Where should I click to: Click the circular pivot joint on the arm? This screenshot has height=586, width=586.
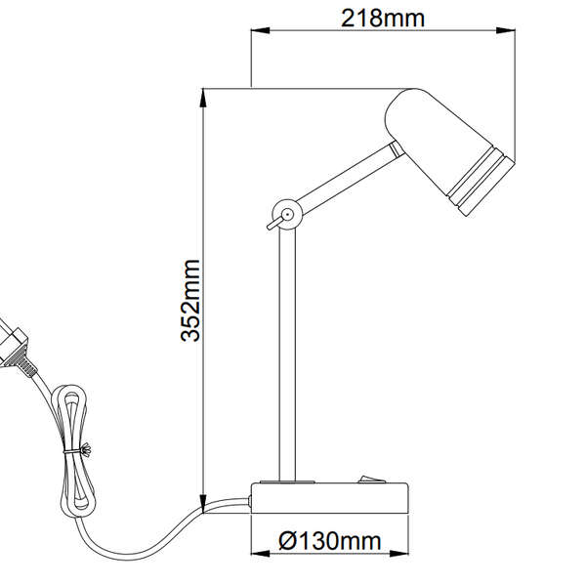pyautogui.click(x=286, y=214)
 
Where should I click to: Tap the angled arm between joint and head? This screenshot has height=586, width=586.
pyautogui.click(x=342, y=181)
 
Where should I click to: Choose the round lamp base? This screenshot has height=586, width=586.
pyautogui.click(x=332, y=497)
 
